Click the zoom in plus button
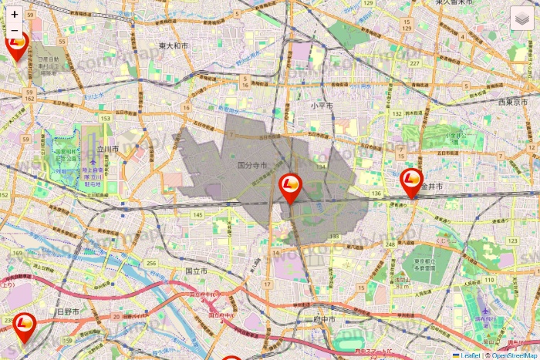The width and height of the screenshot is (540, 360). (15, 14)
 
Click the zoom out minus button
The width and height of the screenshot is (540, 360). (15, 31)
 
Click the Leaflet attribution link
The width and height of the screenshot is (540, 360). (470, 355)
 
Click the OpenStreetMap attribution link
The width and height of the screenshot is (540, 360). (511, 355)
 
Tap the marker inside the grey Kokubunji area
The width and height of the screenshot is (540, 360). (290, 186)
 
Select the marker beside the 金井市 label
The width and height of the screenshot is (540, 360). (413, 181)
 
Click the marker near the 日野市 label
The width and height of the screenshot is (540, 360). (25, 325)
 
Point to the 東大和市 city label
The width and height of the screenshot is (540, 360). (174, 46)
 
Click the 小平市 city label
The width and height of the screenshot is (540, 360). (322, 105)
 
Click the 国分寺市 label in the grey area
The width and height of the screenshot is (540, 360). (251, 166)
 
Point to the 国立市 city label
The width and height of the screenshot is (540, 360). (196, 271)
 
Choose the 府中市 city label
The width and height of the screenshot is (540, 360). (322, 318)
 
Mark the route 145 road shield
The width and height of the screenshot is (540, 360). (198, 214)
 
